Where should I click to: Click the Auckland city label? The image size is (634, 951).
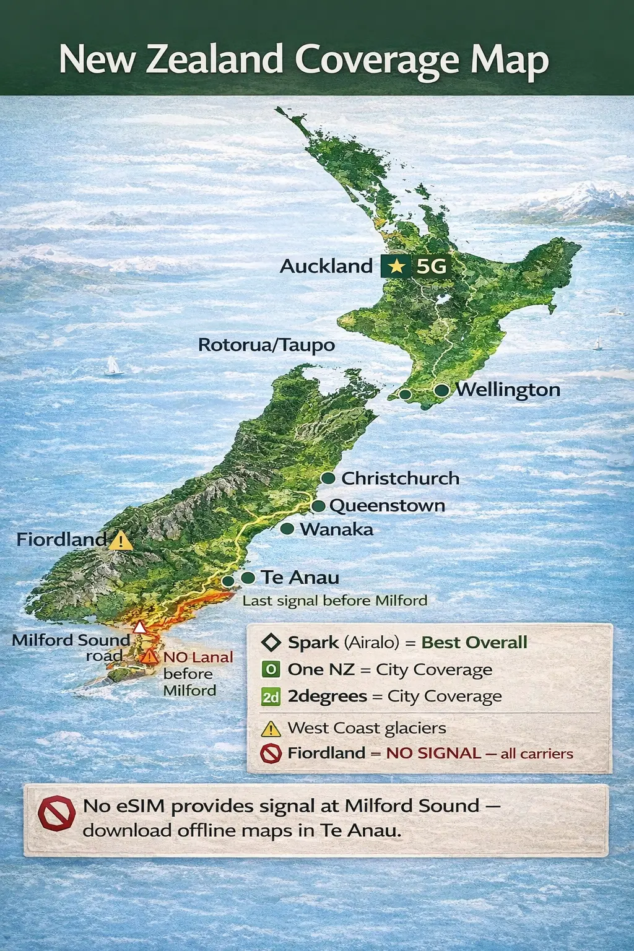point(326,266)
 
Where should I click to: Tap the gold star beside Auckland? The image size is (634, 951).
point(396,266)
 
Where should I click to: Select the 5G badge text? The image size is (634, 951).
point(431,266)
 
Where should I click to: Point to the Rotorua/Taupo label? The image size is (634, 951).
point(266,345)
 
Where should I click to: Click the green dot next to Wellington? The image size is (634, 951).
point(441,390)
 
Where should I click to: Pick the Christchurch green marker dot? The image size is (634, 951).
point(328,479)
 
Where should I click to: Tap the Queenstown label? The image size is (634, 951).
point(387,506)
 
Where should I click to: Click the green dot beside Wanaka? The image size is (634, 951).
point(287,529)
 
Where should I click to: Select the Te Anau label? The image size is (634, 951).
point(300,578)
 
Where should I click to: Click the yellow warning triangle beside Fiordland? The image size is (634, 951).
point(121,541)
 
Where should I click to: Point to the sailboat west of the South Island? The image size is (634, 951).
point(113,366)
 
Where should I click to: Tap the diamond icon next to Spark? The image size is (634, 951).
point(271,643)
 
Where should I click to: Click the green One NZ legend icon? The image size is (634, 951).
point(271,669)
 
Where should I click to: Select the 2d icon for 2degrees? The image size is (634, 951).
point(271,697)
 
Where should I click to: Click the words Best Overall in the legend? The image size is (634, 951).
point(474,643)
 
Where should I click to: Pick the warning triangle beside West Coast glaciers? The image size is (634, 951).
point(271,729)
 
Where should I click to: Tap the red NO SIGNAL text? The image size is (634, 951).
point(433,753)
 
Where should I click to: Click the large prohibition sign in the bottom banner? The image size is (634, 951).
point(56,813)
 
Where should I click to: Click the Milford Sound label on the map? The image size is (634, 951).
point(71,640)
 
